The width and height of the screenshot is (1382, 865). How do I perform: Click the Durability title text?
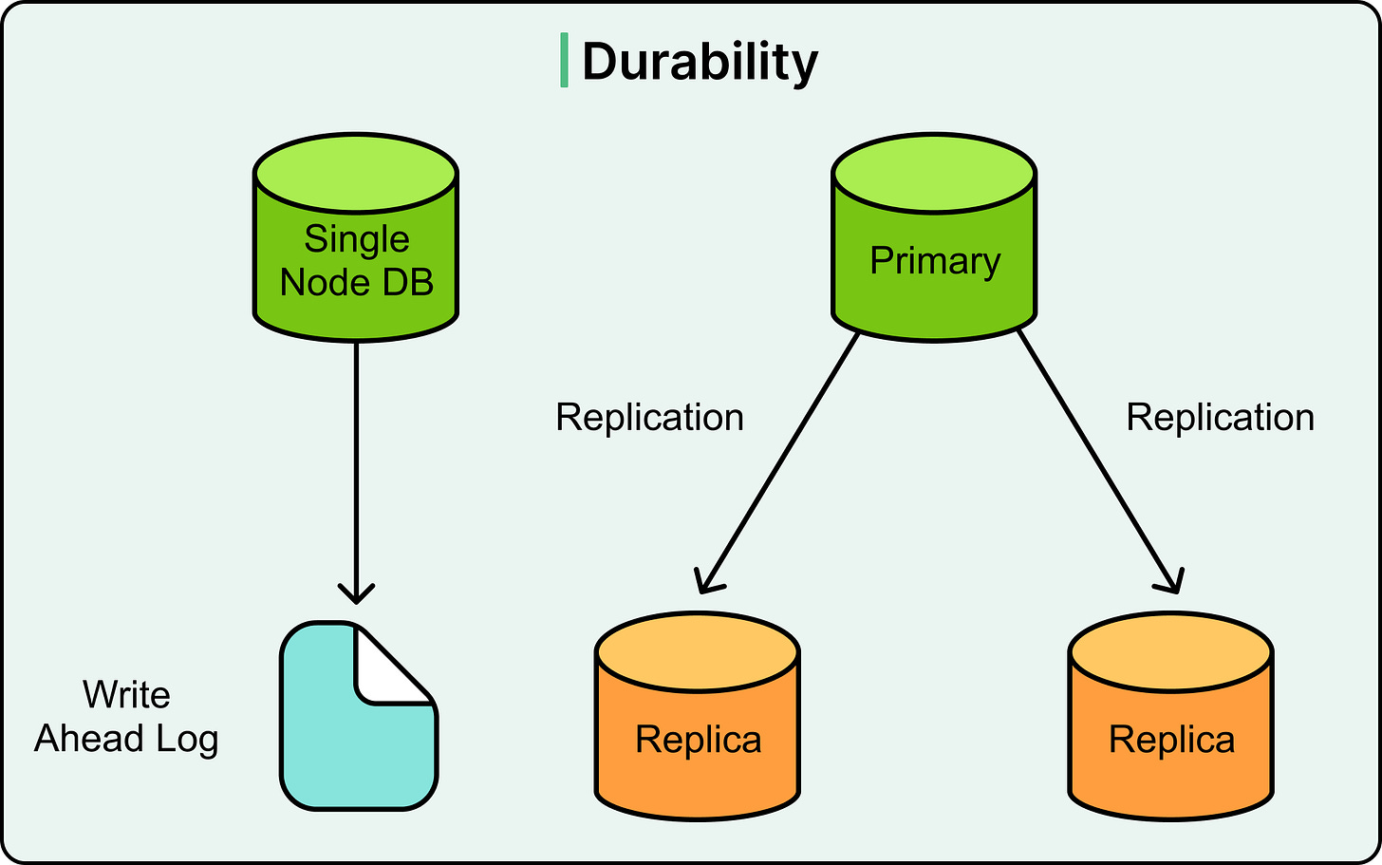tap(699, 63)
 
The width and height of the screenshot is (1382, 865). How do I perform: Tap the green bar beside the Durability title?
tap(565, 60)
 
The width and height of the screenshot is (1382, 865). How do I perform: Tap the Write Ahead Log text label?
tap(126, 717)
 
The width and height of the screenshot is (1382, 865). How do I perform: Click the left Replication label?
tap(649, 418)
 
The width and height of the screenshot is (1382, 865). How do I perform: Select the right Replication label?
tap(1220, 418)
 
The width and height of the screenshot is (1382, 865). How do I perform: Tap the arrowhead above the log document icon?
tap(356, 593)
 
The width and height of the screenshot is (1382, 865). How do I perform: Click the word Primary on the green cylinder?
tap(935, 261)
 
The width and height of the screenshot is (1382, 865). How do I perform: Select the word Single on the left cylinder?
tap(356, 239)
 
